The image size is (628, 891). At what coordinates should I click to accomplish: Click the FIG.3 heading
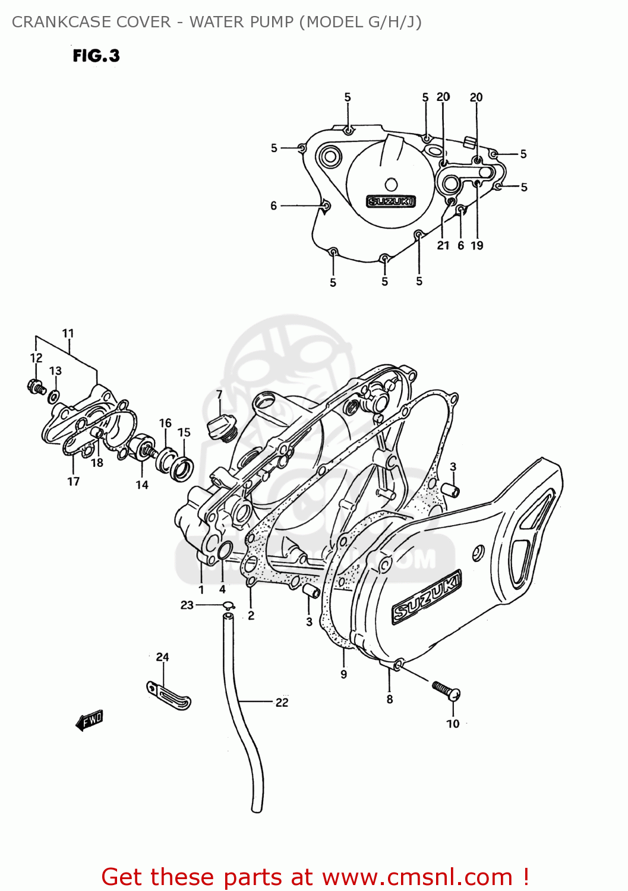pos(96,56)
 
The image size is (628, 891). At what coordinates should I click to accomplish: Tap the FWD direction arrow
pos(90,720)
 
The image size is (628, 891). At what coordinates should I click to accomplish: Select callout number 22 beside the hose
pos(282,702)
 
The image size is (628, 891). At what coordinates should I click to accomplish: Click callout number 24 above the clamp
pos(162,657)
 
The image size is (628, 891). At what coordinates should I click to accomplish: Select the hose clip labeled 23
pos(228,606)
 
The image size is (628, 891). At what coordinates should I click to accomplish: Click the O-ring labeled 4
pos(225,551)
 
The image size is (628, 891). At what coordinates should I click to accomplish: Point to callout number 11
pos(68,333)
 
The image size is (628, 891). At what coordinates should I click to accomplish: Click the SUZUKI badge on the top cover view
pos(390,201)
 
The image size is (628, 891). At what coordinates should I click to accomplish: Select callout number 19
pos(477,245)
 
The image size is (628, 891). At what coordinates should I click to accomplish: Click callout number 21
pos(443,245)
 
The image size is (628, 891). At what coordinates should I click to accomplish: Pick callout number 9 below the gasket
pos(343,674)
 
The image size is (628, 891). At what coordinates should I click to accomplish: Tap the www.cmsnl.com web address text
pos(417,877)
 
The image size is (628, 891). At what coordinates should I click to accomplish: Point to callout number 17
pos(73,481)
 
